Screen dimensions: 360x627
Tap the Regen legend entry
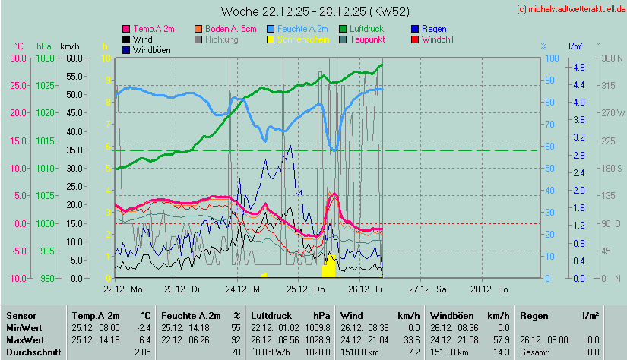[434, 29]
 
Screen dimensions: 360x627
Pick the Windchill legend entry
[438, 39]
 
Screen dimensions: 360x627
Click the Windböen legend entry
[150, 50]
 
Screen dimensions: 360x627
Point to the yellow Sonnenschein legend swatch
[272, 39]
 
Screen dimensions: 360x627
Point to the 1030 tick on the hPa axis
[45, 58]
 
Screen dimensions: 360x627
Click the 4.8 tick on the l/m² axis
[578, 68]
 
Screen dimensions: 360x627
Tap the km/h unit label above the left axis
[70, 46]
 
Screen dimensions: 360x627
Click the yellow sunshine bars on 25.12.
[329, 267]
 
